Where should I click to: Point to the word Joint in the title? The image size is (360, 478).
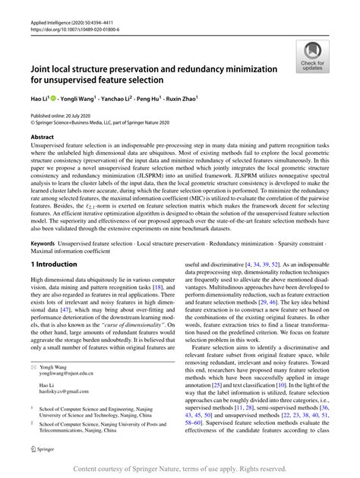[44, 68]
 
